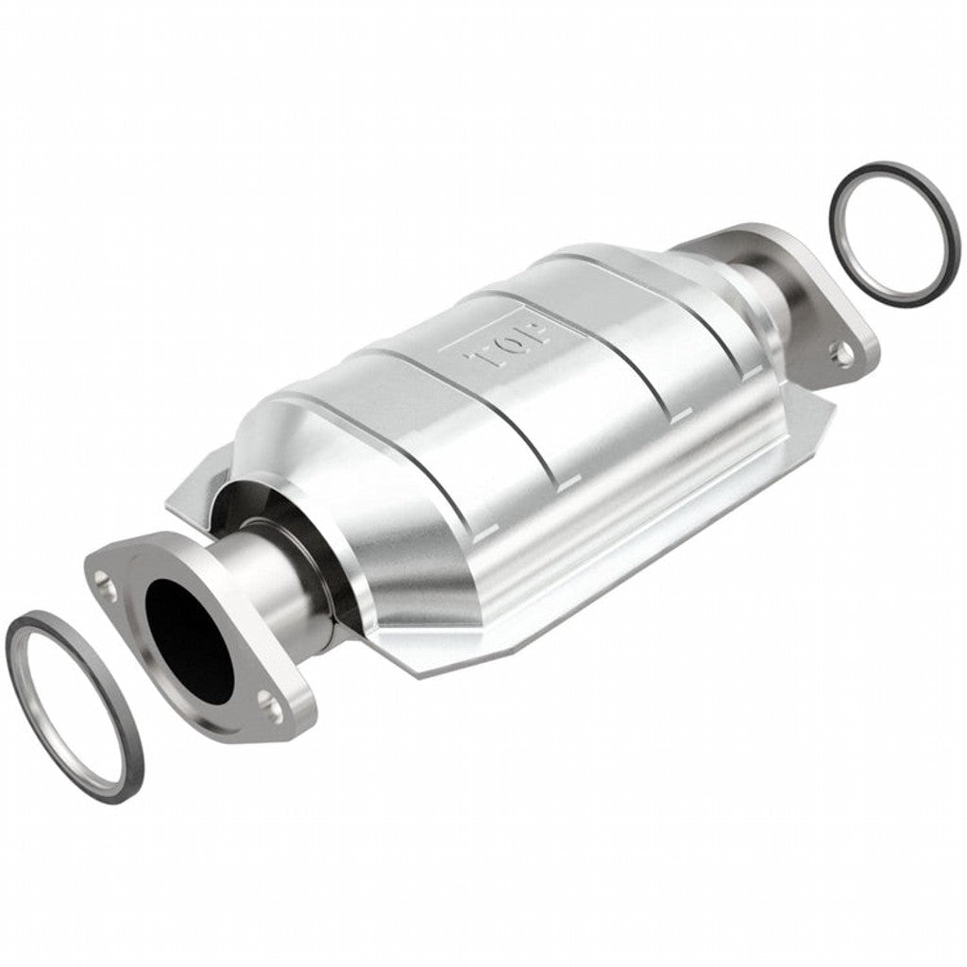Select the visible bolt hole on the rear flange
tap(840, 354)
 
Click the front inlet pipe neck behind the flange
tap(283, 585)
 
